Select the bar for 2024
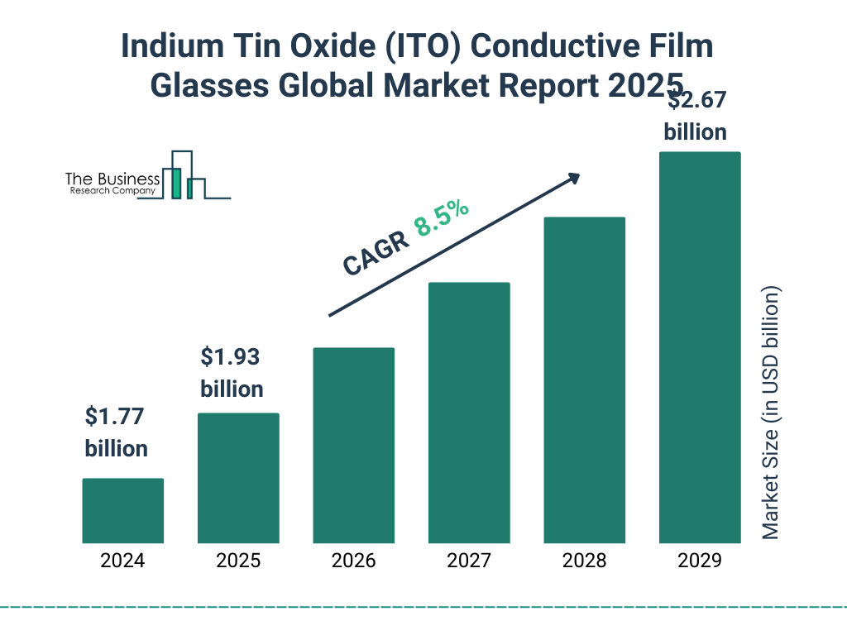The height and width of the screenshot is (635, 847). (122, 510)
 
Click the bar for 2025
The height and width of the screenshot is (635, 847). (238, 478)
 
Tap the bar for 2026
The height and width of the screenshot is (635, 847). (353, 445)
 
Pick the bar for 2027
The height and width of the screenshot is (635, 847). (469, 413)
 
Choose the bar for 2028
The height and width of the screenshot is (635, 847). (584, 380)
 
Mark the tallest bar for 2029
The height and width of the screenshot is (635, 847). (699, 347)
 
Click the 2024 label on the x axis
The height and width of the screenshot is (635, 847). (122, 561)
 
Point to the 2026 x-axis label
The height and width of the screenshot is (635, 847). (353, 561)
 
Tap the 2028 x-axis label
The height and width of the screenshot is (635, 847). (584, 561)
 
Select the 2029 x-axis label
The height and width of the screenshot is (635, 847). (699, 561)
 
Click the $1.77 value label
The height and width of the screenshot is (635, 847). (116, 417)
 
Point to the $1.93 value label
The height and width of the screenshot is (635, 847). (231, 357)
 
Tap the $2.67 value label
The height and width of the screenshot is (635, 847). (697, 102)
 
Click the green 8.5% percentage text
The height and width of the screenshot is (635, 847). (442, 217)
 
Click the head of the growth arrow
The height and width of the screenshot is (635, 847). (572, 178)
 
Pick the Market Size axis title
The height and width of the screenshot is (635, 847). (771, 413)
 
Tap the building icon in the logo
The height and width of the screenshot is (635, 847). (184, 175)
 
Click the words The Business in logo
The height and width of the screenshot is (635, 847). (112, 179)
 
